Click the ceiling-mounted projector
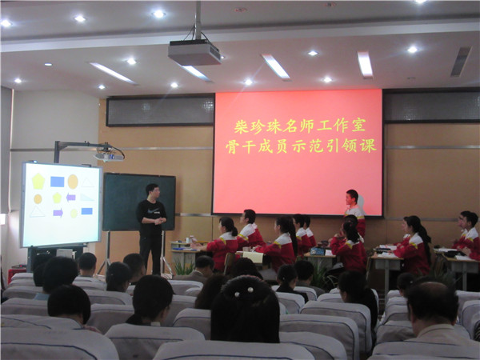(194, 53)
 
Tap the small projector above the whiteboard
(109, 157)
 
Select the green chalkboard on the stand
(138, 202)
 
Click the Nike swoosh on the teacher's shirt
(154, 210)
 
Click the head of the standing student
(352, 198)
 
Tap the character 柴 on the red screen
(242, 126)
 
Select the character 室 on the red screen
(358, 125)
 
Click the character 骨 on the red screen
(232, 147)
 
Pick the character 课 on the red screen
(368, 145)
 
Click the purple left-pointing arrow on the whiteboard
(71, 198)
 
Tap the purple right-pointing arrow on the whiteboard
(58, 213)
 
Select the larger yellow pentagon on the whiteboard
(38, 181)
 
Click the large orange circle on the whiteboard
(73, 182)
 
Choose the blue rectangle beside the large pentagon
(58, 182)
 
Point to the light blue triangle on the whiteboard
(86, 198)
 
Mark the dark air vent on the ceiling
(461, 62)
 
